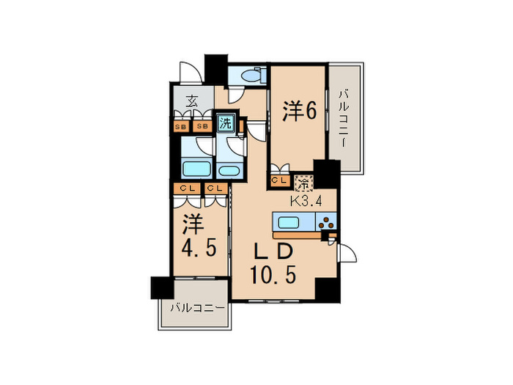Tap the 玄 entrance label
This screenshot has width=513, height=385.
pyautogui.click(x=191, y=103)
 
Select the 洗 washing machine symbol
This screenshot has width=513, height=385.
pyautogui.click(x=225, y=122)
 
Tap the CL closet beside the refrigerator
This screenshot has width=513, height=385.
pyautogui.click(x=278, y=180)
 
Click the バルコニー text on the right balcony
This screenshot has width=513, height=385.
pyautogui.click(x=344, y=117)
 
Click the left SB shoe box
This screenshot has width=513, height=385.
pyautogui.click(x=181, y=125)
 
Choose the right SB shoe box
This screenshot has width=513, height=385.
pyautogui.click(x=203, y=125)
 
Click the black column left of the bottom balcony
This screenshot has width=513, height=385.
pyautogui.click(x=161, y=287)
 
